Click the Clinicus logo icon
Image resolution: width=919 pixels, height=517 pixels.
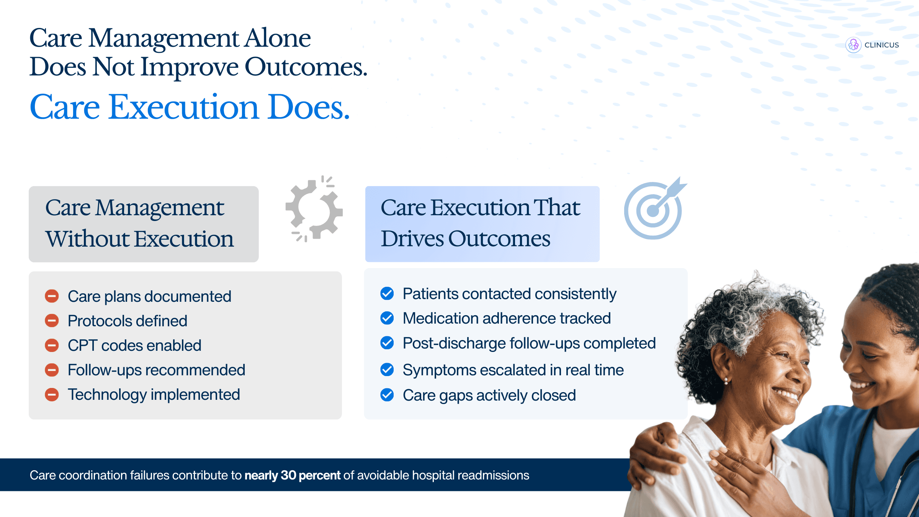click(854, 45)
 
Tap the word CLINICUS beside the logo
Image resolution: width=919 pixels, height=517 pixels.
click(881, 45)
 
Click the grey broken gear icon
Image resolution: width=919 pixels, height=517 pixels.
click(314, 209)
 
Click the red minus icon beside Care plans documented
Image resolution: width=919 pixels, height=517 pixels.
click(52, 296)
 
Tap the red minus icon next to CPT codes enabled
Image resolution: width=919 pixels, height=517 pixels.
click(52, 345)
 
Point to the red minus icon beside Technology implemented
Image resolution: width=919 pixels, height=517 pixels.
click(52, 394)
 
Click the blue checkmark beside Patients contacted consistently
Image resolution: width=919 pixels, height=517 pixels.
click(387, 294)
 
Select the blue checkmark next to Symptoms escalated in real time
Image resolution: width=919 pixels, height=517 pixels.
click(387, 370)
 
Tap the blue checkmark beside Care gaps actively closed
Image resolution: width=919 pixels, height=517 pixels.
click(387, 395)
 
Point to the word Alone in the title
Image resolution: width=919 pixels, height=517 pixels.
click(278, 38)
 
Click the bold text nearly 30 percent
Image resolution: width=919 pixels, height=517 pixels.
click(293, 475)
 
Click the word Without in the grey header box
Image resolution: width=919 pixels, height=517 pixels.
click(88, 239)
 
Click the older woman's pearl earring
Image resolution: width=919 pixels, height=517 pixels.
click(726, 381)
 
